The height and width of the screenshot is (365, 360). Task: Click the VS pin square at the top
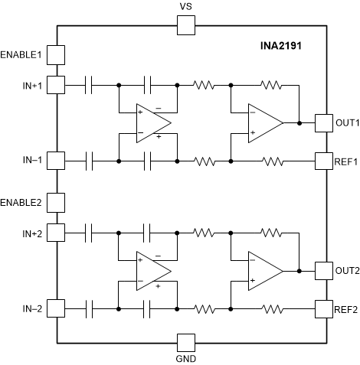tap(186, 26)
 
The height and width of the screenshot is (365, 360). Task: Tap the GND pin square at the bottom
tap(186, 342)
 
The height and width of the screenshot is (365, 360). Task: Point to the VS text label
tap(186, 7)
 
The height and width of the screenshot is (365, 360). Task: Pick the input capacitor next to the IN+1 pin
tap(91, 84)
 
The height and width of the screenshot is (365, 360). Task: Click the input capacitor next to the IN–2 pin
tap(91, 309)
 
